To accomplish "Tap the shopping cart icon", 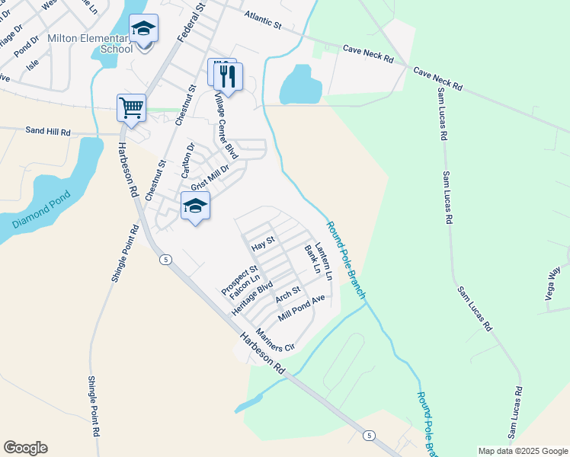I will [131, 107].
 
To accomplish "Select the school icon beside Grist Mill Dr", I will [196, 206].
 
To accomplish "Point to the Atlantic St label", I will [263, 20].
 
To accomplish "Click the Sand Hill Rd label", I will [47, 132].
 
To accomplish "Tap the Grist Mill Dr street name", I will [210, 177].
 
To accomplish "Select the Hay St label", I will [262, 244].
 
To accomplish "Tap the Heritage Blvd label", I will [252, 299].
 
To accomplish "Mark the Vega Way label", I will [555, 283].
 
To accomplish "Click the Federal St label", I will [192, 21].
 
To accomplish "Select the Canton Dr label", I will [187, 158].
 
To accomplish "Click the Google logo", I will [25, 448].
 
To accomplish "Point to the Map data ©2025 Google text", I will [522, 451].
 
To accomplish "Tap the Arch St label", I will [289, 293].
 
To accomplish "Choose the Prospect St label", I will [239, 280].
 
